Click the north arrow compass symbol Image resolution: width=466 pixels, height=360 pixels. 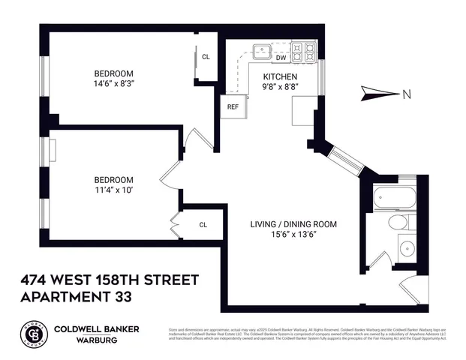click(x=380, y=94)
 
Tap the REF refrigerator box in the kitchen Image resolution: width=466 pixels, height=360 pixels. click(x=233, y=107)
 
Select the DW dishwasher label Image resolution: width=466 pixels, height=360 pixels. click(x=281, y=58)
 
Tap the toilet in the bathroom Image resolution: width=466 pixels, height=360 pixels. click(x=397, y=223)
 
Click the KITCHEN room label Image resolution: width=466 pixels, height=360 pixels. click(x=280, y=77)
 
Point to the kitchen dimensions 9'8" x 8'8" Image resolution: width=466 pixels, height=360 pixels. click(x=280, y=88)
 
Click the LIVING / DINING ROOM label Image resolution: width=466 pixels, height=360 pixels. click(x=293, y=224)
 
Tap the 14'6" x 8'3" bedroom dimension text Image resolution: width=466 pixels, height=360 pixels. click(x=114, y=84)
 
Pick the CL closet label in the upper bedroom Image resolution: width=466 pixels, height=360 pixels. click(x=206, y=57)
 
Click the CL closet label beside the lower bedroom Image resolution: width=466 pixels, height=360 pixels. click(x=203, y=224)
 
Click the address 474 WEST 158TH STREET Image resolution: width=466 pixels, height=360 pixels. click(x=110, y=280)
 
